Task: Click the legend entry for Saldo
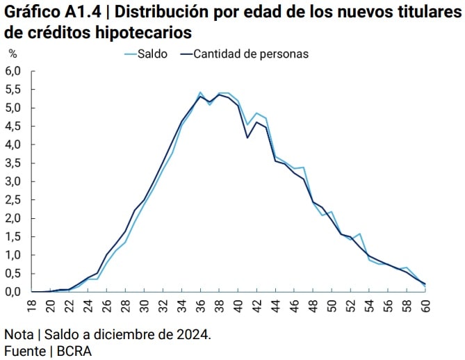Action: [x=152, y=54]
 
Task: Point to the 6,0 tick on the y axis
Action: [x=14, y=71]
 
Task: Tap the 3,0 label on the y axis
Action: [x=14, y=181]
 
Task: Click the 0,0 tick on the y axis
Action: [x=14, y=292]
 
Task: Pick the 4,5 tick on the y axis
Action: [x=14, y=126]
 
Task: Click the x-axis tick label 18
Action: [x=31, y=304]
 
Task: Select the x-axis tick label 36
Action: [x=201, y=304]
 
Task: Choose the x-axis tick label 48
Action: [x=313, y=304]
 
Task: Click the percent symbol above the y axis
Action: [x=12, y=54]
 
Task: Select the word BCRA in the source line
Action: [x=73, y=351]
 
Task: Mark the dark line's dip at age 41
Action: [x=247, y=138]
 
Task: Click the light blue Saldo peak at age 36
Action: [x=200, y=92]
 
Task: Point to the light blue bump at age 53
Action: [x=359, y=234]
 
